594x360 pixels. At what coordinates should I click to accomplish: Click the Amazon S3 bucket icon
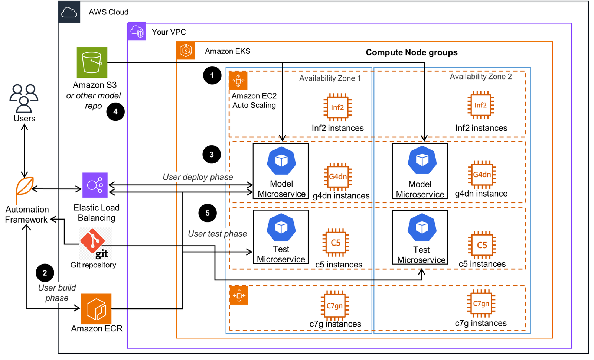92,62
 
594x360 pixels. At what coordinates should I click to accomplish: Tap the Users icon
24,98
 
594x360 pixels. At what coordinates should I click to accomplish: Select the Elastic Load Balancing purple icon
95,185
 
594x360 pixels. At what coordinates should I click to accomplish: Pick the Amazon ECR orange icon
96,309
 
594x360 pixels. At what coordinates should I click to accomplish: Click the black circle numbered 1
212,75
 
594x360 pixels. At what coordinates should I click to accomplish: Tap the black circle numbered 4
115,111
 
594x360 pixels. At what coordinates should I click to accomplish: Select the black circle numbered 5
208,213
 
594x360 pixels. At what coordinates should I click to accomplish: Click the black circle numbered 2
45,273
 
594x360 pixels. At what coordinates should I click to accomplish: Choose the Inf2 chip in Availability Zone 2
480,105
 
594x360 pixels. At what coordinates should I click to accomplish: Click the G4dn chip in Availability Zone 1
337,176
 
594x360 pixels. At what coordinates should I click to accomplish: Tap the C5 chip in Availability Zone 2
482,245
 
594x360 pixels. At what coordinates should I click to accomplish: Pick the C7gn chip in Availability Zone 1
334,306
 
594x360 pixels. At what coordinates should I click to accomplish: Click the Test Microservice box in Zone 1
281,237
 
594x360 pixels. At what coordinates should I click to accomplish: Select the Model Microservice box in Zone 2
420,171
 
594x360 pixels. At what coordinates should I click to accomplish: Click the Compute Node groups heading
411,52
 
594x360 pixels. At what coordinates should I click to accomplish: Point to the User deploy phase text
198,177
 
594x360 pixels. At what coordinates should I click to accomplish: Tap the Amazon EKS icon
186,51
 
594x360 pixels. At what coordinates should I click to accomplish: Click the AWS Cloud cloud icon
69,12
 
